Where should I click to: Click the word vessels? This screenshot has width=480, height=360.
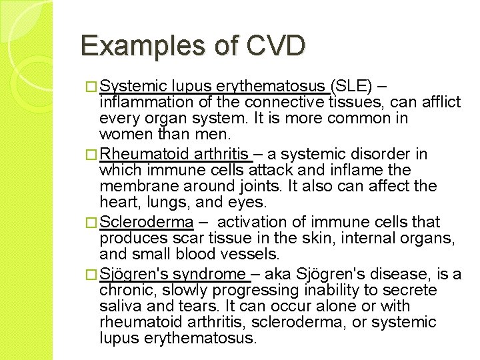[x=255, y=254]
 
